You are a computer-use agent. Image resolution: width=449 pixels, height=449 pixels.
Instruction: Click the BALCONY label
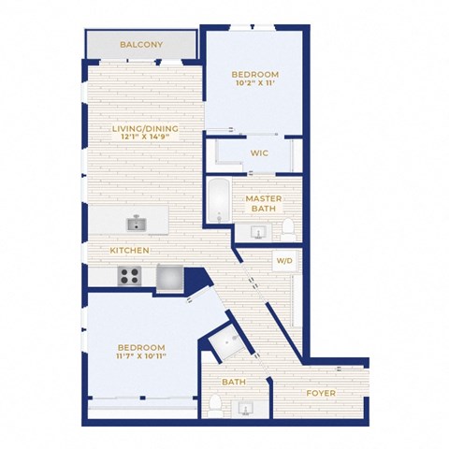141,45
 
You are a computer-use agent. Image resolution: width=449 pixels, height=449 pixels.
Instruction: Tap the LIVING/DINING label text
145,128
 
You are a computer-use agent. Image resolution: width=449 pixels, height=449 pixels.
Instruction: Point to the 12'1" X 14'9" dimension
145,137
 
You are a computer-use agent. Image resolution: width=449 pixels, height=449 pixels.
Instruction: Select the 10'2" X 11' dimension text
255,83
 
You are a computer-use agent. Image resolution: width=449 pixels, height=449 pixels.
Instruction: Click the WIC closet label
259,153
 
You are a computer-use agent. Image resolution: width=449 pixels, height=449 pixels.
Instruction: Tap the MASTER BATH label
264,203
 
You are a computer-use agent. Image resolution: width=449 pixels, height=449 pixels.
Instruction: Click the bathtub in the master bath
219,200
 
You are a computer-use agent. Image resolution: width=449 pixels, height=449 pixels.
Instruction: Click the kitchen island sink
137,224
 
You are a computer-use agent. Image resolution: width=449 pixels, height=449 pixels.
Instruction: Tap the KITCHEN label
130,251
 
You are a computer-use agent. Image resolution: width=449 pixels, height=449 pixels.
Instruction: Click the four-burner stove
129,276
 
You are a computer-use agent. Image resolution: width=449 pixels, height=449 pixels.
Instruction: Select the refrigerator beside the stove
169,278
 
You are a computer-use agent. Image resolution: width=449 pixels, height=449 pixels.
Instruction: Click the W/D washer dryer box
285,261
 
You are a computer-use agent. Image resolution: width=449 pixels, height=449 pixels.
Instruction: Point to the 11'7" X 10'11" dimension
141,355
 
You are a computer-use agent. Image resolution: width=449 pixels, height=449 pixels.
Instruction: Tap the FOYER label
321,393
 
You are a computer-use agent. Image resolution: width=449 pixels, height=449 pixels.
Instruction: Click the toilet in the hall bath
215,405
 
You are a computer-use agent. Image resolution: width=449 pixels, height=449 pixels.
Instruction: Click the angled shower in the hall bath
229,342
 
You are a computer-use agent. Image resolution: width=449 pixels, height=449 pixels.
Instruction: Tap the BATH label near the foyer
234,382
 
